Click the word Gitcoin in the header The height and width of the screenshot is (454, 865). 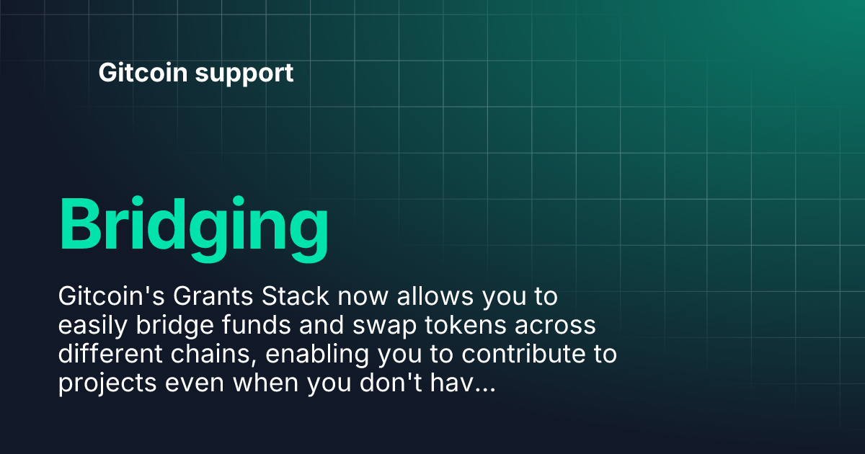[143, 72]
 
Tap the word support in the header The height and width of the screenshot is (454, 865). [244, 74]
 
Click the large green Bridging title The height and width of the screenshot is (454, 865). [194, 229]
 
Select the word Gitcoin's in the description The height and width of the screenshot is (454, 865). [112, 296]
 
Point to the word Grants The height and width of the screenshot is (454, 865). [213, 296]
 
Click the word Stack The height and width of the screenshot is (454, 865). [296, 296]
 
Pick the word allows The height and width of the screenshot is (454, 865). [435, 296]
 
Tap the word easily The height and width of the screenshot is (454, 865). [93, 326]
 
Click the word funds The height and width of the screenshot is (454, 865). [257, 325]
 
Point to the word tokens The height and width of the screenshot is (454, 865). [466, 325]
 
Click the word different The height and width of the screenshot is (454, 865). [110, 354]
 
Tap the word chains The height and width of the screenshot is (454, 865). [214, 355]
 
